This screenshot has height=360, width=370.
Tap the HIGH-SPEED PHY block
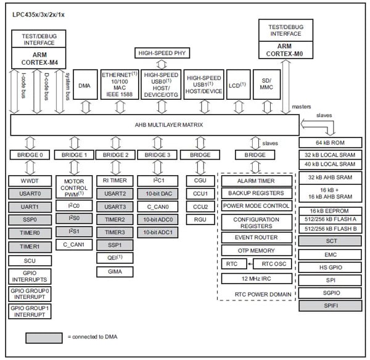coord(162,54)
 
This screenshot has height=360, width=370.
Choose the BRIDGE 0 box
coord(30,155)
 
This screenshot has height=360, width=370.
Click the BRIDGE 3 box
coord(157,155)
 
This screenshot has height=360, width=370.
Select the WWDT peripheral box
coord(30,181)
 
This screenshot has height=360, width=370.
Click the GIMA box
coord(115,271)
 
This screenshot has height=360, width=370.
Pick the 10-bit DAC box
coord(157,194)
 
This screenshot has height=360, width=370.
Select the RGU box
coord(199,219)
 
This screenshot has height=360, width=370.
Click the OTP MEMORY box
coord(256,250)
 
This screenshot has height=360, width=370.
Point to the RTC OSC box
coord(273,264)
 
